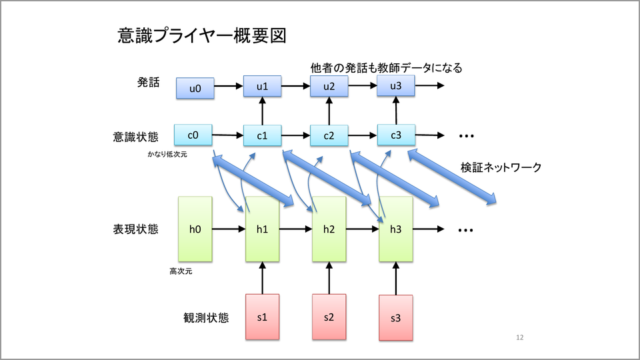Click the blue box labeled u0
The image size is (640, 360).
tap(195, 88)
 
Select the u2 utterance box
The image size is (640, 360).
tap(329, 85)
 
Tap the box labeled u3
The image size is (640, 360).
tap(396, 85)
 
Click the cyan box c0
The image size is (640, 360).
tap(193, 135)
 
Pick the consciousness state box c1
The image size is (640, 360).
tap(263, 136)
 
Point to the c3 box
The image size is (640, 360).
tap(396, 135)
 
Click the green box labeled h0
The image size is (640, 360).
tap(195, 229)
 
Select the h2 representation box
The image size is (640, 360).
tap(329, 229)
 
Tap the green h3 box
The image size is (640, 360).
tap(396, 229)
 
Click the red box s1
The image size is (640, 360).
tap(263, 316)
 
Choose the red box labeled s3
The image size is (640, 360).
tap(396, 318)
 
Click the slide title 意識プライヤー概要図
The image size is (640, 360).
tap(201, 35)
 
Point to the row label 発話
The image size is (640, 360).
tap(148, 83)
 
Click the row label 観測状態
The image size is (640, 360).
tap(205, 317)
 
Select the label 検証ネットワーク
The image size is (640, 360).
tap(501, 168)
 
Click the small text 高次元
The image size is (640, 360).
tap(181, 271)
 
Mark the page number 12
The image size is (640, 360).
tap(520, 338)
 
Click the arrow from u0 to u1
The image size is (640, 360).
tap(229, 86)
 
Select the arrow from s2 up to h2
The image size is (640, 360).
tap(329, 278)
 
